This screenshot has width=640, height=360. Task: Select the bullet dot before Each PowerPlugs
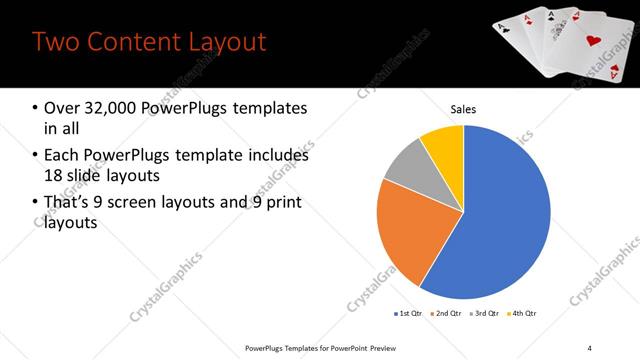[35, 156]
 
